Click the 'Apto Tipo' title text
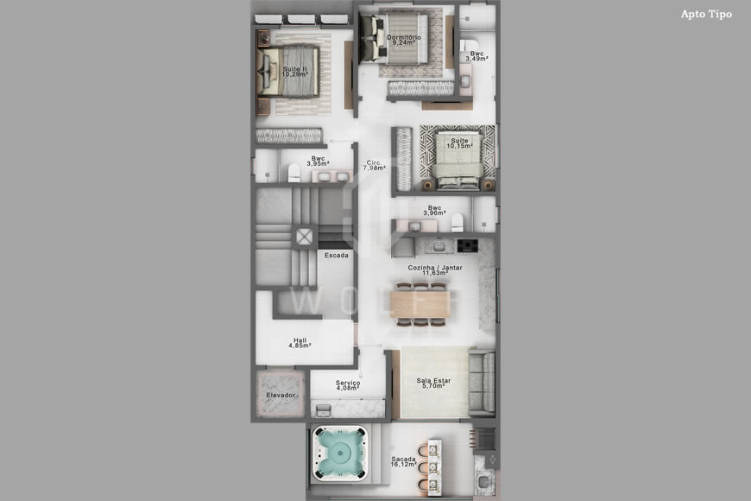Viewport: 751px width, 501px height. coord(705,14)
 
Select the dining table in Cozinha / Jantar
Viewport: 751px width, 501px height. coord(420,302)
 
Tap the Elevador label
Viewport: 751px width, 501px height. coord(281,395)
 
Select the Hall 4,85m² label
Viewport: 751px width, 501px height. coord(300,342)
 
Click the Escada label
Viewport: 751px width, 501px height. coord(337,256)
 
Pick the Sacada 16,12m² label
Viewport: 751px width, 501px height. coord(403,462)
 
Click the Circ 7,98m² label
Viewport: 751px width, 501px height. coord(373,165)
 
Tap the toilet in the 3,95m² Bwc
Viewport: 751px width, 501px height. coord(294,170)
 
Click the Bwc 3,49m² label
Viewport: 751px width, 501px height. coord(476,56)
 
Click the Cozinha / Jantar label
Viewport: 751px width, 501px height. coord(435,270)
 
